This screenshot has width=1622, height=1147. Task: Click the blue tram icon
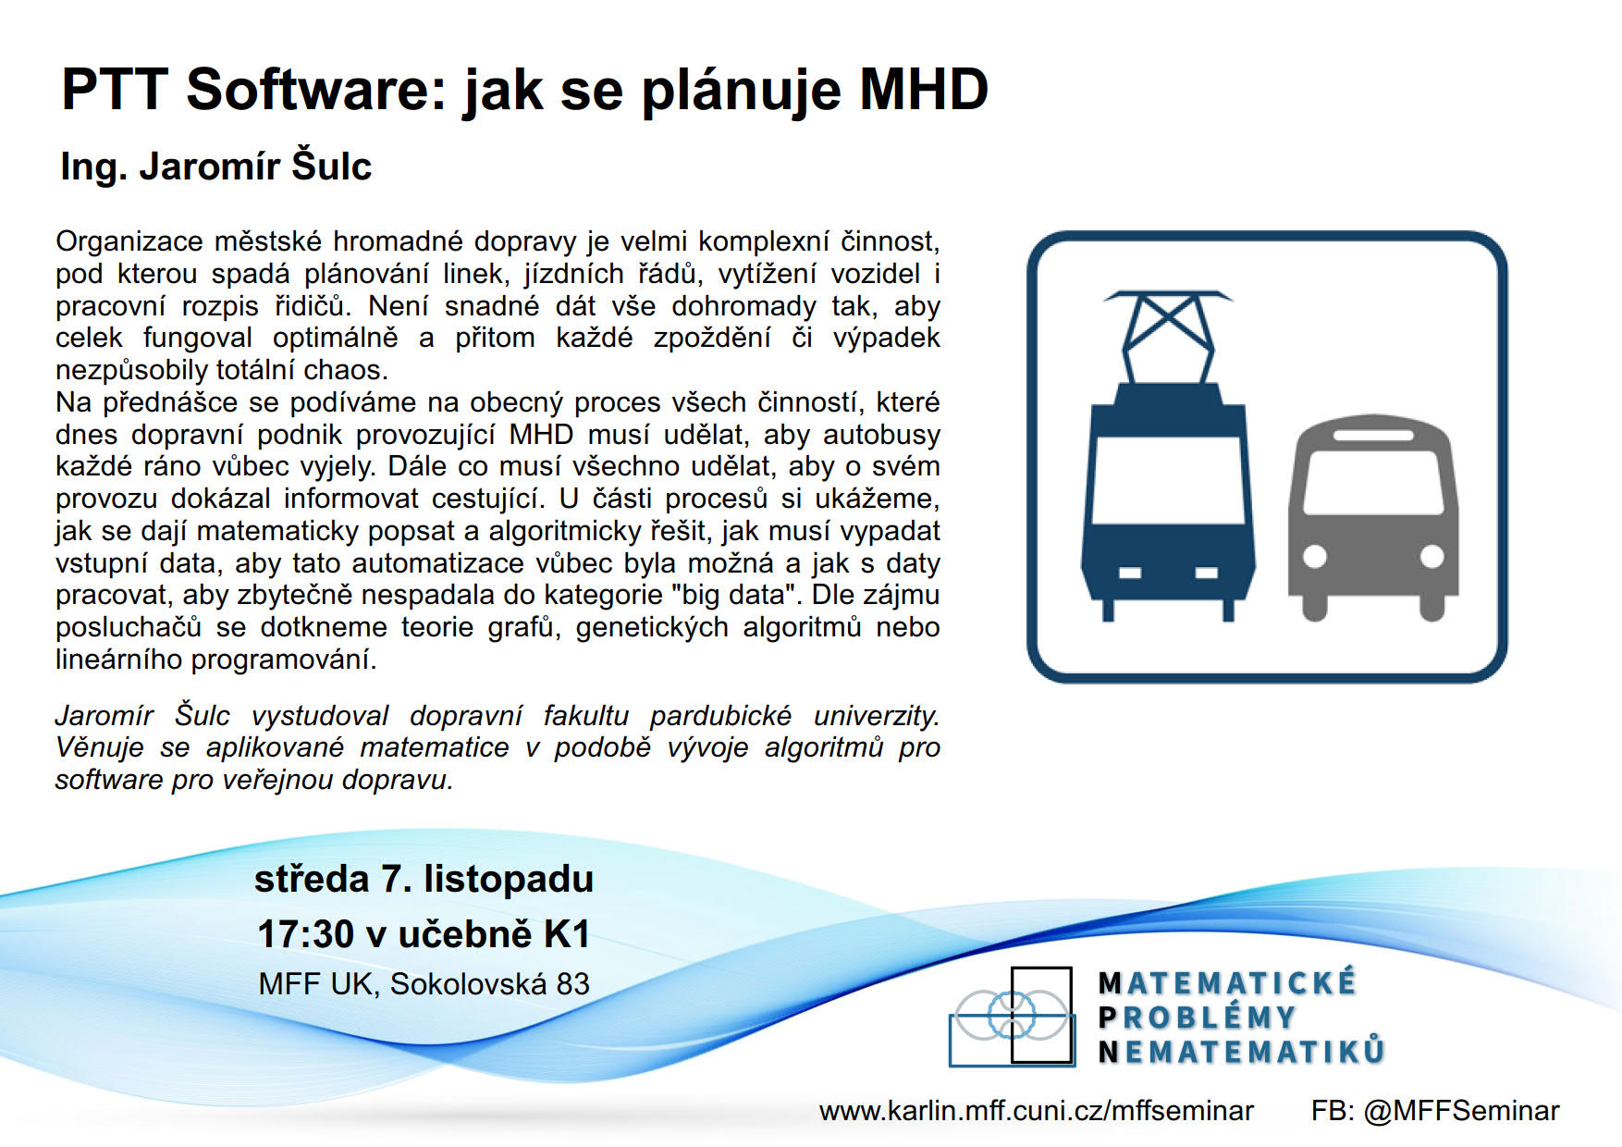[1168, 456]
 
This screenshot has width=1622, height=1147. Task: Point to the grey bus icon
[1373, 517]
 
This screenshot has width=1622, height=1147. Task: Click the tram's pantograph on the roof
[1168, 337]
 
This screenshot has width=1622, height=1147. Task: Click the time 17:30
[305, 934]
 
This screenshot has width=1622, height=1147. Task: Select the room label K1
[567, 934]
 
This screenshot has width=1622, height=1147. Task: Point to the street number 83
[572, 984]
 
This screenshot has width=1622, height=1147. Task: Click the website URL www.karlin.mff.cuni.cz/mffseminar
[1036, 1111]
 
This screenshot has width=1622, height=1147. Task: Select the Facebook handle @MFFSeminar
[1461, 1111]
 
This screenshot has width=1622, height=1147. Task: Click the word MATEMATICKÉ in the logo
[1227, 982]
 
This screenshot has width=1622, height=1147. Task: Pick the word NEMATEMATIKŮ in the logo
[1242, 1052]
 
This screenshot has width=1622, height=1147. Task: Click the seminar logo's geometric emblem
[1012, 1017]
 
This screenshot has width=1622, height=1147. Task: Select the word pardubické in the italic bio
[720, 716]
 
